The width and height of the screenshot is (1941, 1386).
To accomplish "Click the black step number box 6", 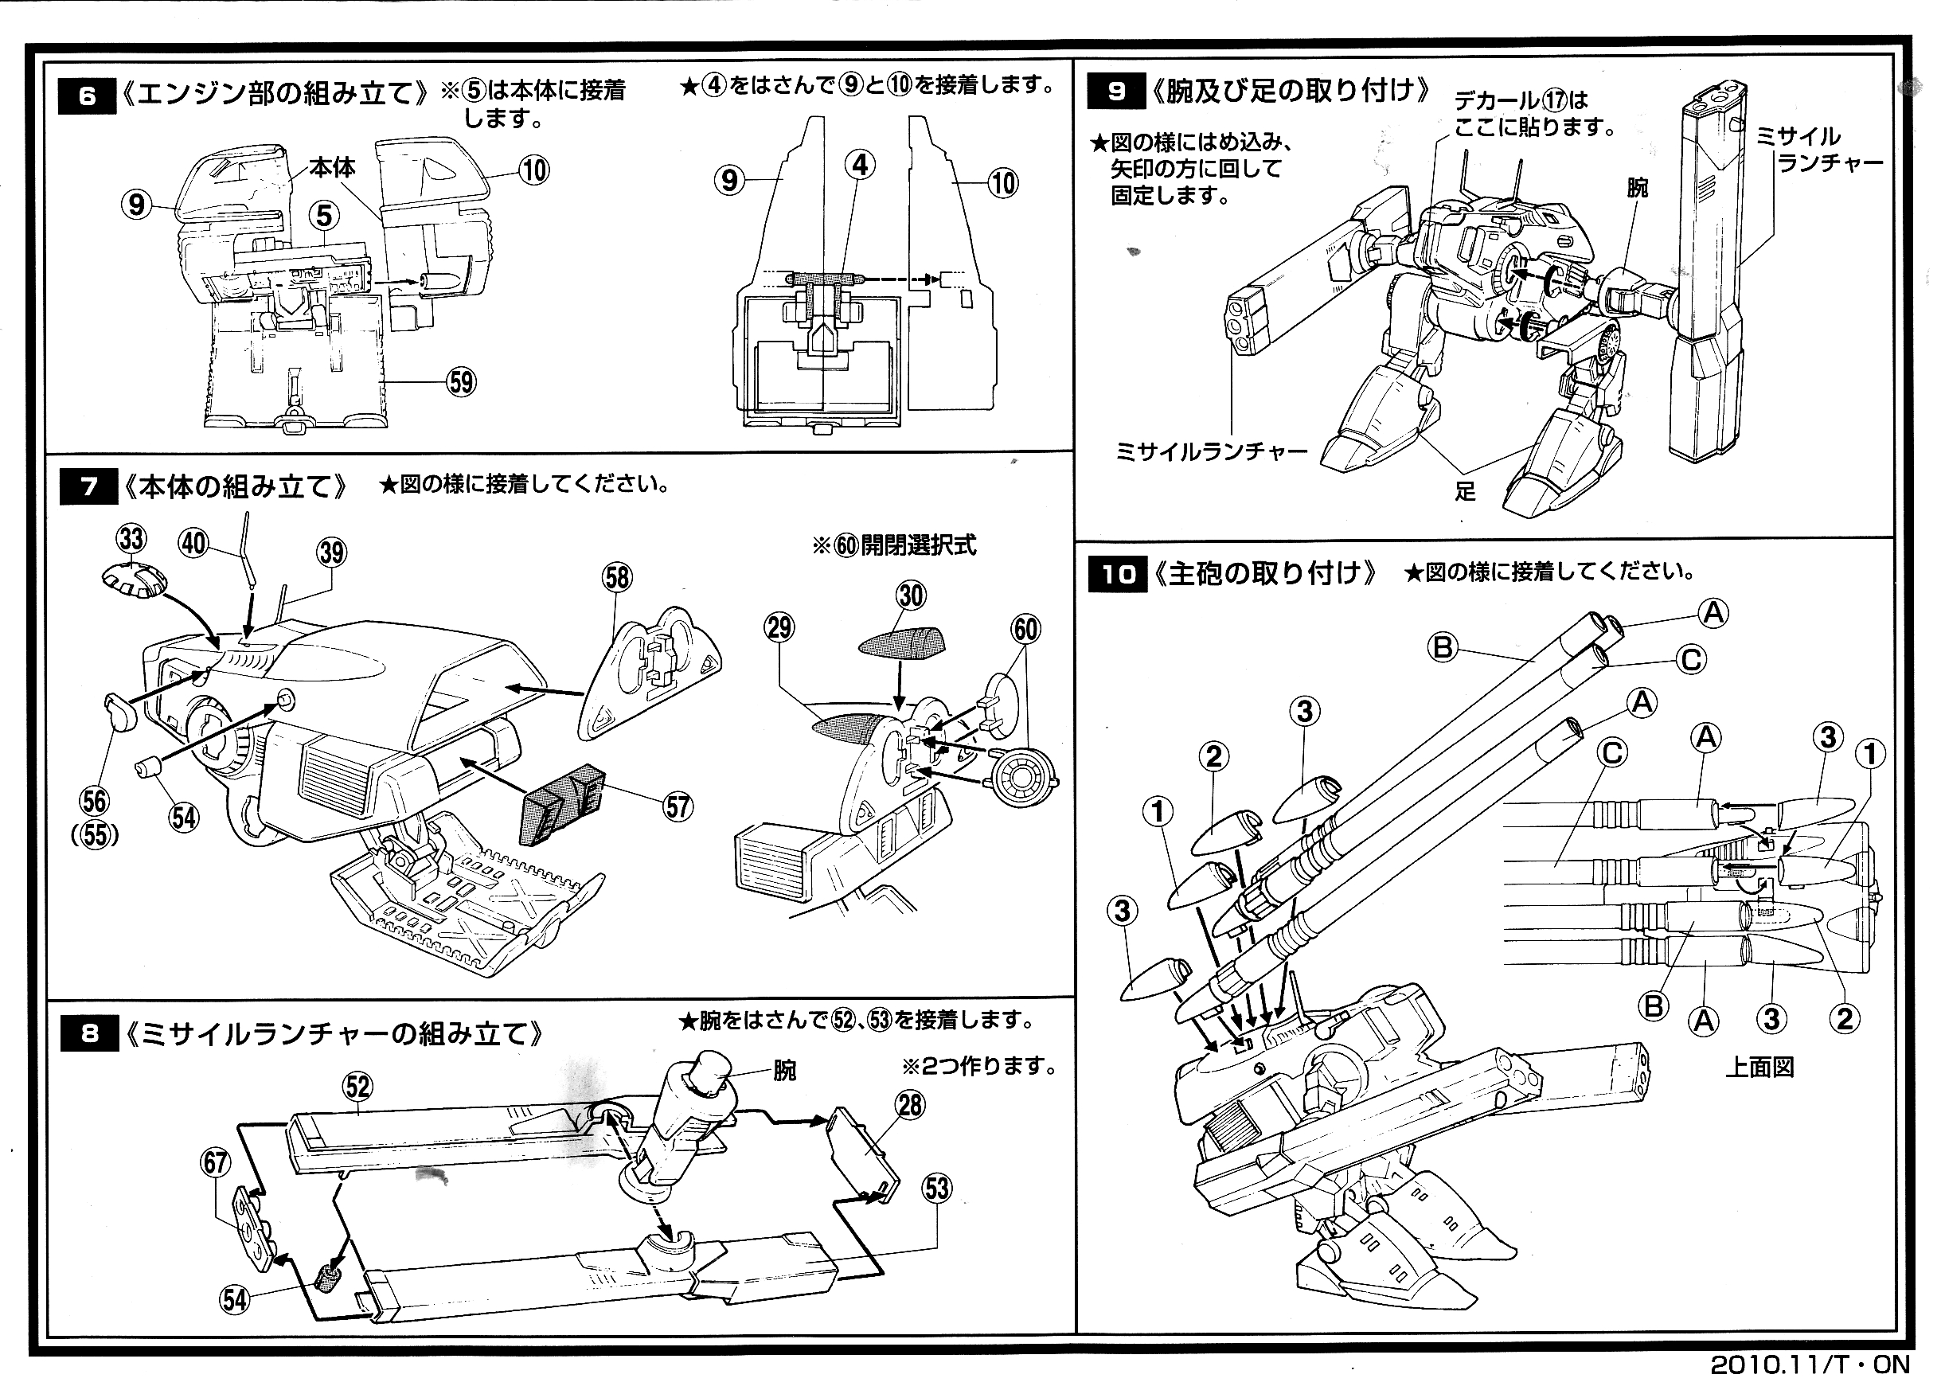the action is click(x=86, y=96).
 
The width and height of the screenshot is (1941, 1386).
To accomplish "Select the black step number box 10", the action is click(x=1117, y=574).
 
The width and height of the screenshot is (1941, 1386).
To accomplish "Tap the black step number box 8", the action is click(x=90, y=1034).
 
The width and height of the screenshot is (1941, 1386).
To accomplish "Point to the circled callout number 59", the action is click(x=462, y=382).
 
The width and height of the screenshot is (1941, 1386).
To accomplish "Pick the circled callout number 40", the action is click(x=193, y=544).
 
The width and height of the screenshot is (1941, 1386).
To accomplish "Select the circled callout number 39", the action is click(x=332, y=552).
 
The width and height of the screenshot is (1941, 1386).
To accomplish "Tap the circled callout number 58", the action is click(x=617, y=578).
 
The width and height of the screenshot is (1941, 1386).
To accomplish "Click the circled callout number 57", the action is click(x=678, y=806).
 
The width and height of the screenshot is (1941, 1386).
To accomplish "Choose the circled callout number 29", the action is click(x=779, y=628).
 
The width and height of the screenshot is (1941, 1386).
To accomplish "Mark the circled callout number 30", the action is click(x=911, y=595).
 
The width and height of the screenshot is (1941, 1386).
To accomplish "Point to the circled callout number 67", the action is click(x=215, y=1162).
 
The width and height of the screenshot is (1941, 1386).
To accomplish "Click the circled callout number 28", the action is click(x=911, y=1105).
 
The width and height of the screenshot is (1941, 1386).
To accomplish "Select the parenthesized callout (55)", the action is click(x=95, y=834).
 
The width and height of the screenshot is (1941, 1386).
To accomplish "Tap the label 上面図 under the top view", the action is click(x=1759, y=1068).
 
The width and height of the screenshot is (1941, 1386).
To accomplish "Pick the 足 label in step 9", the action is click(x=1466, y=491).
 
